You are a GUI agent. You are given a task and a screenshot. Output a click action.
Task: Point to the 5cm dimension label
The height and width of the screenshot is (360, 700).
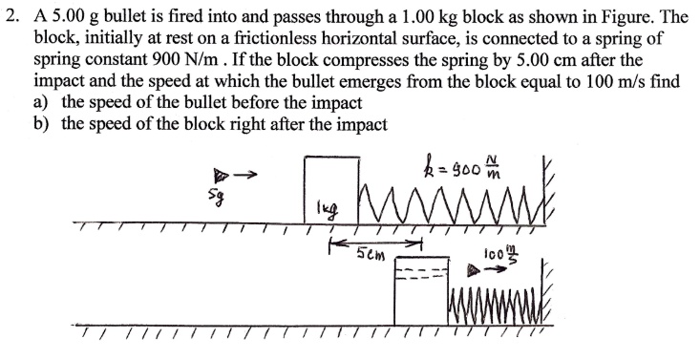(x=368, y=255)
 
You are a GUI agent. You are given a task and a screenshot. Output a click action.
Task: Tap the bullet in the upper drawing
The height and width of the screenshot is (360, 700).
(x=220, y=175)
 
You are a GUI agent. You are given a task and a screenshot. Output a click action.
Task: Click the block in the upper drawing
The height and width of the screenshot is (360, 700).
(x=329, y=191)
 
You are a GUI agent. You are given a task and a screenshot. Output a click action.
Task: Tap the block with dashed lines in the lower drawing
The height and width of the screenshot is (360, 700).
(x=421, y=290)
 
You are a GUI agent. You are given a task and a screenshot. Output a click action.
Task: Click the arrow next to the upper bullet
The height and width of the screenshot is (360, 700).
(x=246, y=173)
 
